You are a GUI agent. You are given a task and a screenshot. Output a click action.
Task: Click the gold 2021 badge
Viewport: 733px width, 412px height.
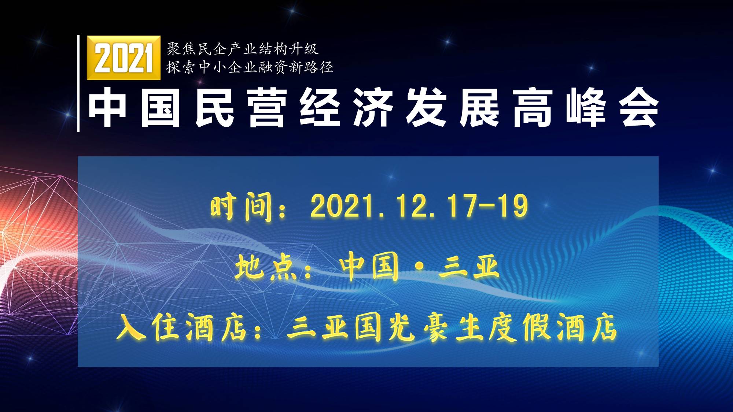[x=124, y=58]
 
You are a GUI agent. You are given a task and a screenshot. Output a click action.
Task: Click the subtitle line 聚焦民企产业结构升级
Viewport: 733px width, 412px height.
[x=242, y=49]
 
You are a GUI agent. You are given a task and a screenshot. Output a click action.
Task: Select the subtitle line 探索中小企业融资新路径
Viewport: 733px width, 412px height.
[x=250, y=67]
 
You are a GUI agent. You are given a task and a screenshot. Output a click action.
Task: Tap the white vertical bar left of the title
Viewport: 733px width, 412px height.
[x=78, y=83]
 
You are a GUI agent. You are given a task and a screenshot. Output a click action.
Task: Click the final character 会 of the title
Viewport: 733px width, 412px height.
[x=639, y=108]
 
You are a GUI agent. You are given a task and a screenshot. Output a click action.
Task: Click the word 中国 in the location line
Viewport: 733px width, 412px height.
[x=369, y=267]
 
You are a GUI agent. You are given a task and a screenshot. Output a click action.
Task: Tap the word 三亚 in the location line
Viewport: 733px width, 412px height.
[x=469, y=267]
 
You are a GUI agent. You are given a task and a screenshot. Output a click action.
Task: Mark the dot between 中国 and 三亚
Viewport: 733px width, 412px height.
[x=419, y=268]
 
